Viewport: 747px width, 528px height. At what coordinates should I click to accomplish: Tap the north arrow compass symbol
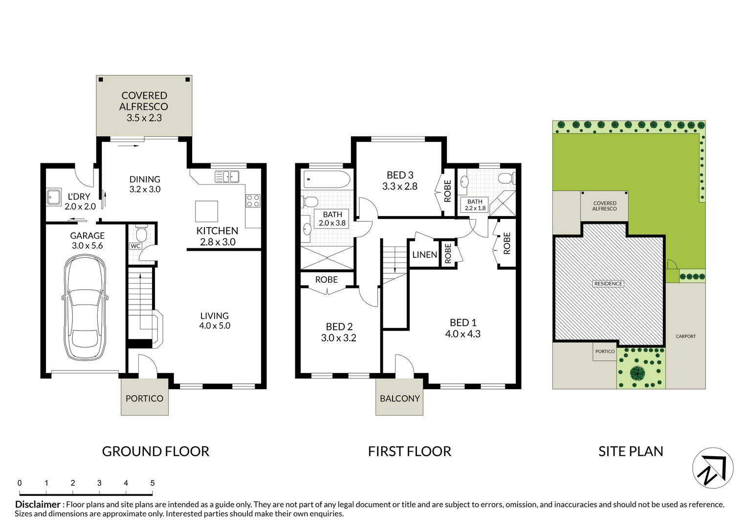713,468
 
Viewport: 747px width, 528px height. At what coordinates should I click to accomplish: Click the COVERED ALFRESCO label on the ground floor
144,101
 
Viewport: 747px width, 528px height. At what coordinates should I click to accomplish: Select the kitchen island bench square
207,211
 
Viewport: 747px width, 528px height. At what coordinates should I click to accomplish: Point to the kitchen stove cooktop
253,200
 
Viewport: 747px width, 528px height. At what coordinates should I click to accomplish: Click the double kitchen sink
227,176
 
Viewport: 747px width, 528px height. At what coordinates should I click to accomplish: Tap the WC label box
135,246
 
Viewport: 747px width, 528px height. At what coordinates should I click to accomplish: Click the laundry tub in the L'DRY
53,196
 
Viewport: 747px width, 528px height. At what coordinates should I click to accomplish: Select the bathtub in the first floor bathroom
327,179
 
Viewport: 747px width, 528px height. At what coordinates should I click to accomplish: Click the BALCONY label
399,398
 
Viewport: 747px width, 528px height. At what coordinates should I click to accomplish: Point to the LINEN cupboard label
424,255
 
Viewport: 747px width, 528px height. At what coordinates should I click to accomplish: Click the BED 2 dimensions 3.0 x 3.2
338,338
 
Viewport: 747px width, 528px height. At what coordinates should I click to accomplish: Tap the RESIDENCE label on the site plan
608,284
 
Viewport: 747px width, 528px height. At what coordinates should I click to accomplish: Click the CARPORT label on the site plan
685,336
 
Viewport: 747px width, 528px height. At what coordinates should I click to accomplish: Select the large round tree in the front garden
637,374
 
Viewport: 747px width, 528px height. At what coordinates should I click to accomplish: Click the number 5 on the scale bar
153,483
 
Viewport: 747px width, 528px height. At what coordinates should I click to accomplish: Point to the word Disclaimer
38,505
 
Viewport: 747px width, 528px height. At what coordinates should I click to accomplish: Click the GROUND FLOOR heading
155,451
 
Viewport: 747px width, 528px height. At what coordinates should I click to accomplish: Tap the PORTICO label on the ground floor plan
144,398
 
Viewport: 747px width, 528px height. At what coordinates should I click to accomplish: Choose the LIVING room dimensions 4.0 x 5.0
215,326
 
